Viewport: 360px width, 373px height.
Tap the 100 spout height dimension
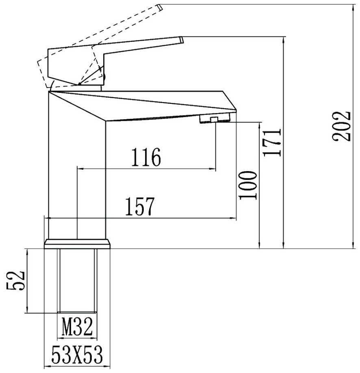point(248,185)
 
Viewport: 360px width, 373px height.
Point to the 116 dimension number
point(146,158)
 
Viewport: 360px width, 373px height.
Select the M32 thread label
point(78,326)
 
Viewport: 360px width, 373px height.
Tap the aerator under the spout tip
point(215,118)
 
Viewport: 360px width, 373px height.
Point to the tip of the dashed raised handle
point(160,7)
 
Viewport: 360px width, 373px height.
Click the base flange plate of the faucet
point(77,243)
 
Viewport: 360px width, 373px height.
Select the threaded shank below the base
point(77,280)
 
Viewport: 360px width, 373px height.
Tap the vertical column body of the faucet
point(77,170)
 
